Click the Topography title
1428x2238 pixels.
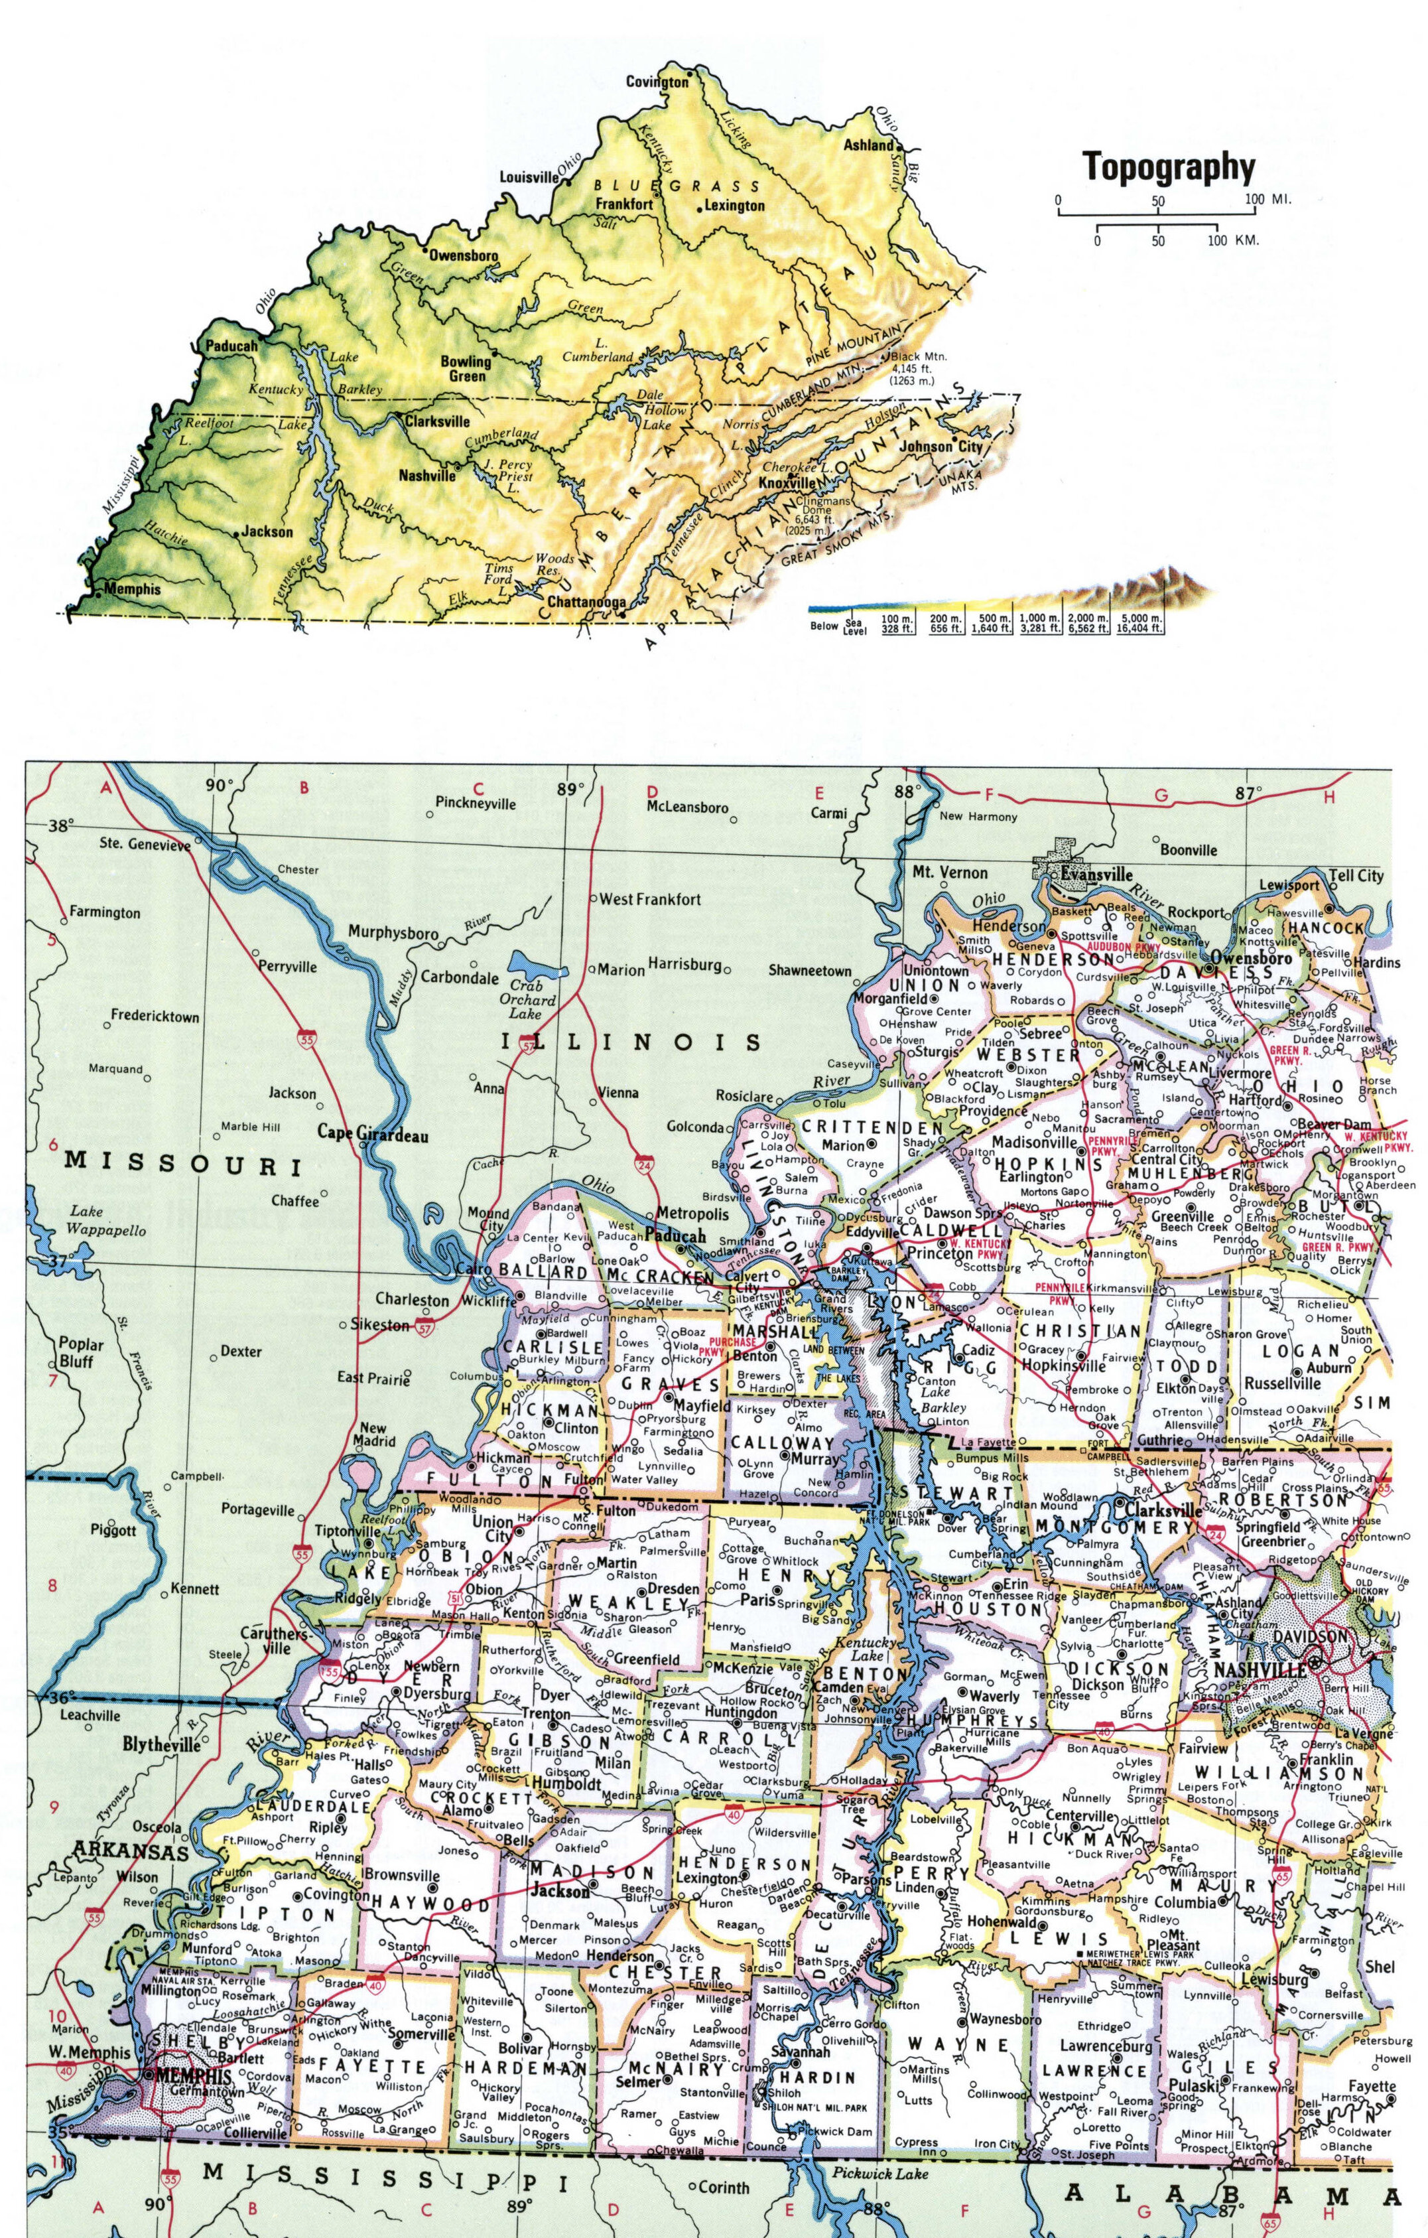pos(1169,169)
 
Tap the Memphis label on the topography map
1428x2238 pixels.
pos(132,589)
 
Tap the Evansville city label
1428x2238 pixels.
pos(1096,874)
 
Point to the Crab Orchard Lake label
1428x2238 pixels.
pos(531,1000)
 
